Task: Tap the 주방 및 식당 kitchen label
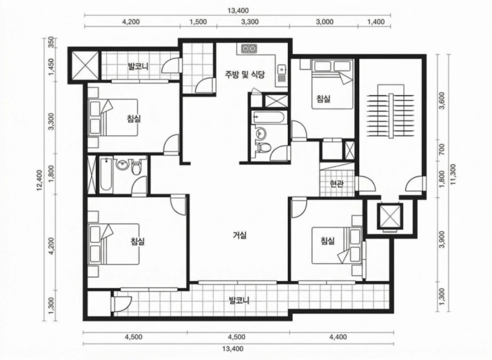[x=244, y=74]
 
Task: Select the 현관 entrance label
[x=336, y=183]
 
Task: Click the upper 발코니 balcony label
[x=138, y=66]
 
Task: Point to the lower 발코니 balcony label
[x=239, y=301]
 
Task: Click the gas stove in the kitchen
[x=249, y=49]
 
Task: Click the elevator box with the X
[x=391, y=216]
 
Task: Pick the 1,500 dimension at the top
[x=198, y=22]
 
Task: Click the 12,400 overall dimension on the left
[x=39, y=180]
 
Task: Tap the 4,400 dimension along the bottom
[x=338, y=337]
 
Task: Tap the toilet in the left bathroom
[x=136, y=167]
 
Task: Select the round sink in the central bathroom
[x=260, y=133]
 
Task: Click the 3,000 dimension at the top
[x=325, y=22]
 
